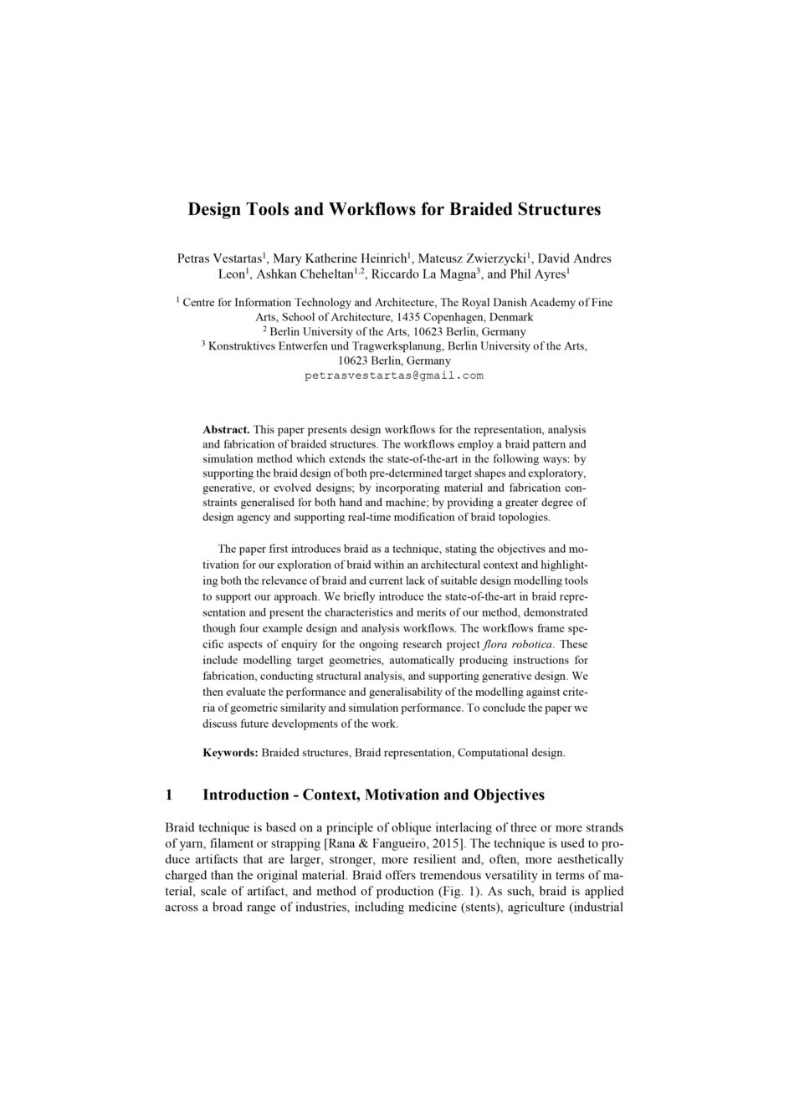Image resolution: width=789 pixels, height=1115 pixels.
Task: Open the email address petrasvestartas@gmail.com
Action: [x=394, y=376]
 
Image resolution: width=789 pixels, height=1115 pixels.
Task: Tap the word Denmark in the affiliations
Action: [x=510, y=317]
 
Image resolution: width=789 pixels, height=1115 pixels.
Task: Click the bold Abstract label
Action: [x=226, y=429]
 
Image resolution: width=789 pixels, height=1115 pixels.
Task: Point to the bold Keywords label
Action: [x=230, y=753]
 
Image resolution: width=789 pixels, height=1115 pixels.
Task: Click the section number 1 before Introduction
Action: [x=170, y=795]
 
